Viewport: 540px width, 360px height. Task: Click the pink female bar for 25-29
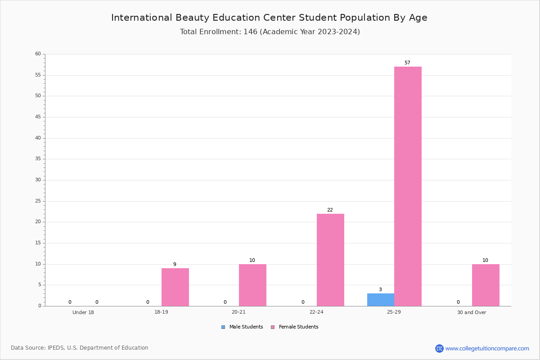[x=408, y=186]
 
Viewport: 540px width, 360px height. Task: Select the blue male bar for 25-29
[x=381, y=300]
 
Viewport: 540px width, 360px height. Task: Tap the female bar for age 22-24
[x=330, y=260]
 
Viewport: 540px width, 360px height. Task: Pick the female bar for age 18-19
[x=175, y=287]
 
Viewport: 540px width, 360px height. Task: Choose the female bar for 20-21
[x=252, y=285]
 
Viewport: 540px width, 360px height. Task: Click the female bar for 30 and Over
[x=486, y=285]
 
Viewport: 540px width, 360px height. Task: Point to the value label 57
[x=407, y=63]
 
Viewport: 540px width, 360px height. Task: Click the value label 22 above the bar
[x=330, y=210]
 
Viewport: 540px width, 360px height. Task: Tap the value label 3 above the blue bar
[x=380, y=289]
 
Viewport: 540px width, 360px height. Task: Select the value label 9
[x=175, y=264]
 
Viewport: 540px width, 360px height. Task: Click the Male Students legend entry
[x=242, y=327]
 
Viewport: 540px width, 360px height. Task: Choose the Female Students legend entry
[x=295, y=327]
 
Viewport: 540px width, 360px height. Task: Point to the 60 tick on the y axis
[x=38, y=54]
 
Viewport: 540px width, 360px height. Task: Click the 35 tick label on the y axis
[x=38, y=159]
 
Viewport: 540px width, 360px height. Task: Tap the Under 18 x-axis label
[x=83, y=312]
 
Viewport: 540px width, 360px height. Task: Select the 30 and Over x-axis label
[x=472, y=312]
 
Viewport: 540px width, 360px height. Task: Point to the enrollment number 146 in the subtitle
[x=251, y=31]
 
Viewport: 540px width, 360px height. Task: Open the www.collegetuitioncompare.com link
[x=487, y=348]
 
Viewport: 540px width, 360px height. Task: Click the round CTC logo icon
[x=439, y=348]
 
